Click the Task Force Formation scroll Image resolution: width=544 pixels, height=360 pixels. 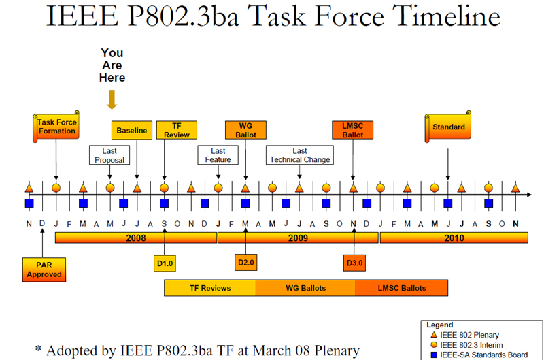coord(56,127)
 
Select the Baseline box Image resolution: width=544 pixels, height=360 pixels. coord(132,130)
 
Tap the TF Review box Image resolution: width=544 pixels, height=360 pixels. coord(177,130)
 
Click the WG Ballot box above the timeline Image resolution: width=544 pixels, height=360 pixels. coord(245,130)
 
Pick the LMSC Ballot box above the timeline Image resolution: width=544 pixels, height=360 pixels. coord(352,130)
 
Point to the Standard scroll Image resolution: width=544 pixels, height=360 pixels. coord(448,127)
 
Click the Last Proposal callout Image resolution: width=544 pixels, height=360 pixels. coord(109,155)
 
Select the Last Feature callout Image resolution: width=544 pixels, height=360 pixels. coord(218,155)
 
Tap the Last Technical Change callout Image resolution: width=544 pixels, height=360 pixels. coord(300,155)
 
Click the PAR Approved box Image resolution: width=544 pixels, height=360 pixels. coord(44,269)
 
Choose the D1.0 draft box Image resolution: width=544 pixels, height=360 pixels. coord(165,263)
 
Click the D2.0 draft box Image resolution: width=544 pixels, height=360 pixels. coord(245,262)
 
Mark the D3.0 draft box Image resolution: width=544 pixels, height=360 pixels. coord(354,263)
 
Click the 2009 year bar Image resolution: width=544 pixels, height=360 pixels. coord(298,238)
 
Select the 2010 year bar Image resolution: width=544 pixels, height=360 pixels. coord(454,238)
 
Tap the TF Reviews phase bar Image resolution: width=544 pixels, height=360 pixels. coord(210,288)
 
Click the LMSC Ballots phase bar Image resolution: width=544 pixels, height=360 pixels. coord(402,288)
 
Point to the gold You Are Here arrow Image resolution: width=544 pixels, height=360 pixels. coord(112,99)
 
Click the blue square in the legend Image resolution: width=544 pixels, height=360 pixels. coord(434,355)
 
